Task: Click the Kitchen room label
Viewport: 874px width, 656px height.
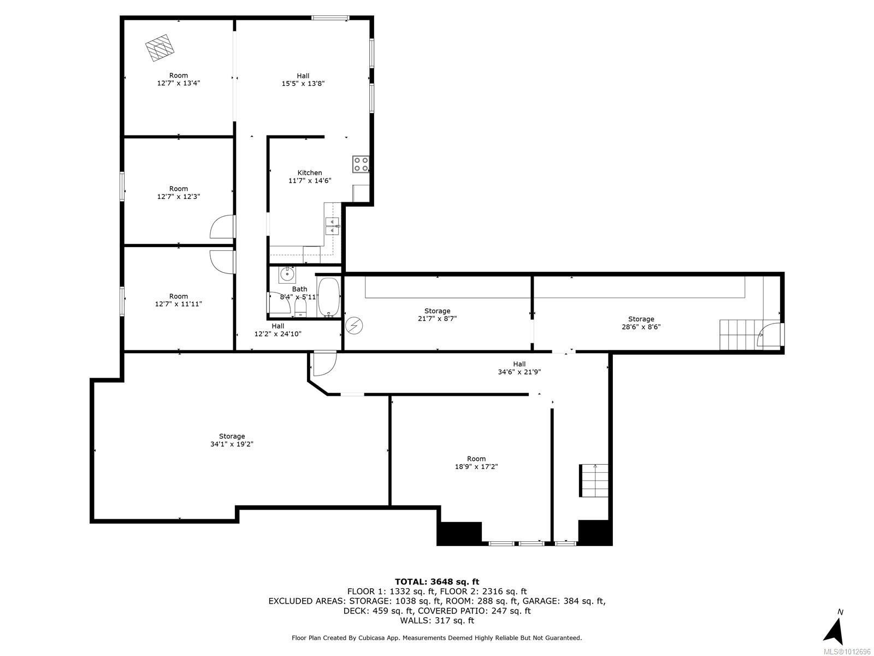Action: point(310,173)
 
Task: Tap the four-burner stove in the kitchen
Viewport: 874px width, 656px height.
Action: point(361,164)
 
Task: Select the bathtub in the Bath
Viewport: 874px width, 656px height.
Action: point(328,297)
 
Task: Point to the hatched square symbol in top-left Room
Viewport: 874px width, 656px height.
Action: point(160,48)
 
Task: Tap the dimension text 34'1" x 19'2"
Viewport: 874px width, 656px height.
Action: point(232,444)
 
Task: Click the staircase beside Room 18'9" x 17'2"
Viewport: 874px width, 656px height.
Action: point(594,481)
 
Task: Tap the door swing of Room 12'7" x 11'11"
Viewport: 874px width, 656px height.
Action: point(222,261)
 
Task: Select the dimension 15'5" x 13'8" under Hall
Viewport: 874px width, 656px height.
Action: point(303,84)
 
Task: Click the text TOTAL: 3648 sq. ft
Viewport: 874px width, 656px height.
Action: point(437,582)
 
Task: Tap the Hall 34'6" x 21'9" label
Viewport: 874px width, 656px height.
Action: point(519,368)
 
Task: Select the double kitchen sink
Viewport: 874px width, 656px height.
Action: point(332,226)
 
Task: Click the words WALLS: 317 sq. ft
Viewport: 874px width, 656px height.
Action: point(437,620)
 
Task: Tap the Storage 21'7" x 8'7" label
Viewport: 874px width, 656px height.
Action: point(437,315)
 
